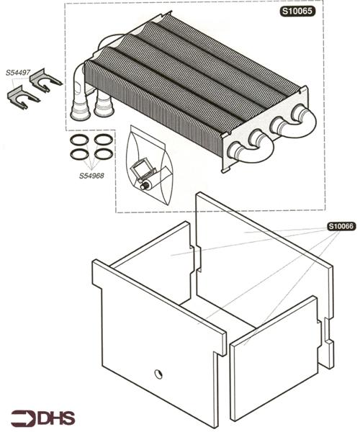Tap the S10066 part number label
point(341,226)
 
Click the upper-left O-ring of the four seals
point(80,140)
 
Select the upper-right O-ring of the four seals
point(103,139)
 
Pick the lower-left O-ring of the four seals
point(78,153)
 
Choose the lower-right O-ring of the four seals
point(102,153)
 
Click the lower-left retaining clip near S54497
point(22,98)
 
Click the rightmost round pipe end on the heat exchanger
point(298,113)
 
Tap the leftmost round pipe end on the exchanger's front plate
point(235,150)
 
